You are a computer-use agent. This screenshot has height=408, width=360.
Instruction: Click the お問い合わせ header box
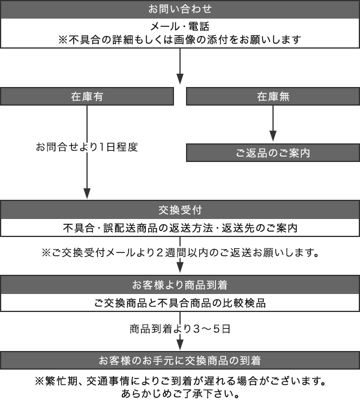[x=180, y=10]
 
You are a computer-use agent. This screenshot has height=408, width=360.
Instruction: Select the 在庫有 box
[x=87, y=96]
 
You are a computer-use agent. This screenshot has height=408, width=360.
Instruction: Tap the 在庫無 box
[x=273, y=96]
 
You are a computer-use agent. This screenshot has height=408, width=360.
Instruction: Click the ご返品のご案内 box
[x=273, y=153]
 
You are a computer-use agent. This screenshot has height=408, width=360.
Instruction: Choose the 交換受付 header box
[x=180, y=210]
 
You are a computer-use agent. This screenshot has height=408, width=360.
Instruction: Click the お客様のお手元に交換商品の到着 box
[x=180, y=361]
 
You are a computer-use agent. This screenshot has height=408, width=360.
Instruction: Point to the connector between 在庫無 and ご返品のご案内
[x=273, y=124]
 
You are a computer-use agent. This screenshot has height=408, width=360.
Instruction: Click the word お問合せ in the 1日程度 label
[x=52, y=146]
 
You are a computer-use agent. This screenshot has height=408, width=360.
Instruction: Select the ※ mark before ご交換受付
[x=46, y=251]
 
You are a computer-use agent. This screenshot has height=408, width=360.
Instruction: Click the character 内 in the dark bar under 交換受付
[x=293, y=229]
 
